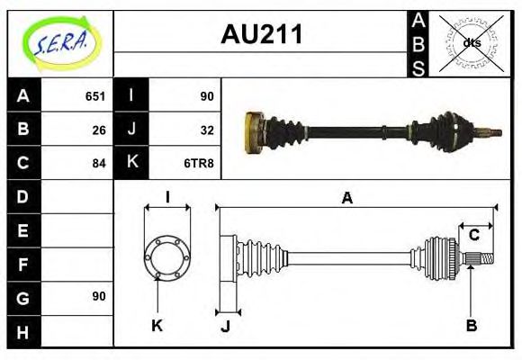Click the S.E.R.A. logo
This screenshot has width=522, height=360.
pyautogui.click(x=60, y=42)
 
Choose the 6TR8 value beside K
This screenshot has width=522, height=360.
pyautogui.click(x=198, y=163)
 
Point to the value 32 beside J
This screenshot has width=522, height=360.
pyautogui.click(x=204, y=130)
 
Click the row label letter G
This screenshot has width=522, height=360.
pyautogui.click(x=23, y=297)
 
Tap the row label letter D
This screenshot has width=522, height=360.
pyautogui.click(x=23, y=196)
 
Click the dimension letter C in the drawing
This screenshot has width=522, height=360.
pyautogui.click(x=473, y=236)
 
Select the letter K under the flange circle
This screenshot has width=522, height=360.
pyautogui.click(x=157, y=326)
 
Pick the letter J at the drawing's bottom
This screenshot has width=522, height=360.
pyautogui.click(x=225, y=326)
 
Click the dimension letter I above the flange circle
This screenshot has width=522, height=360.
pyautogui.click(x=167, y=197)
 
